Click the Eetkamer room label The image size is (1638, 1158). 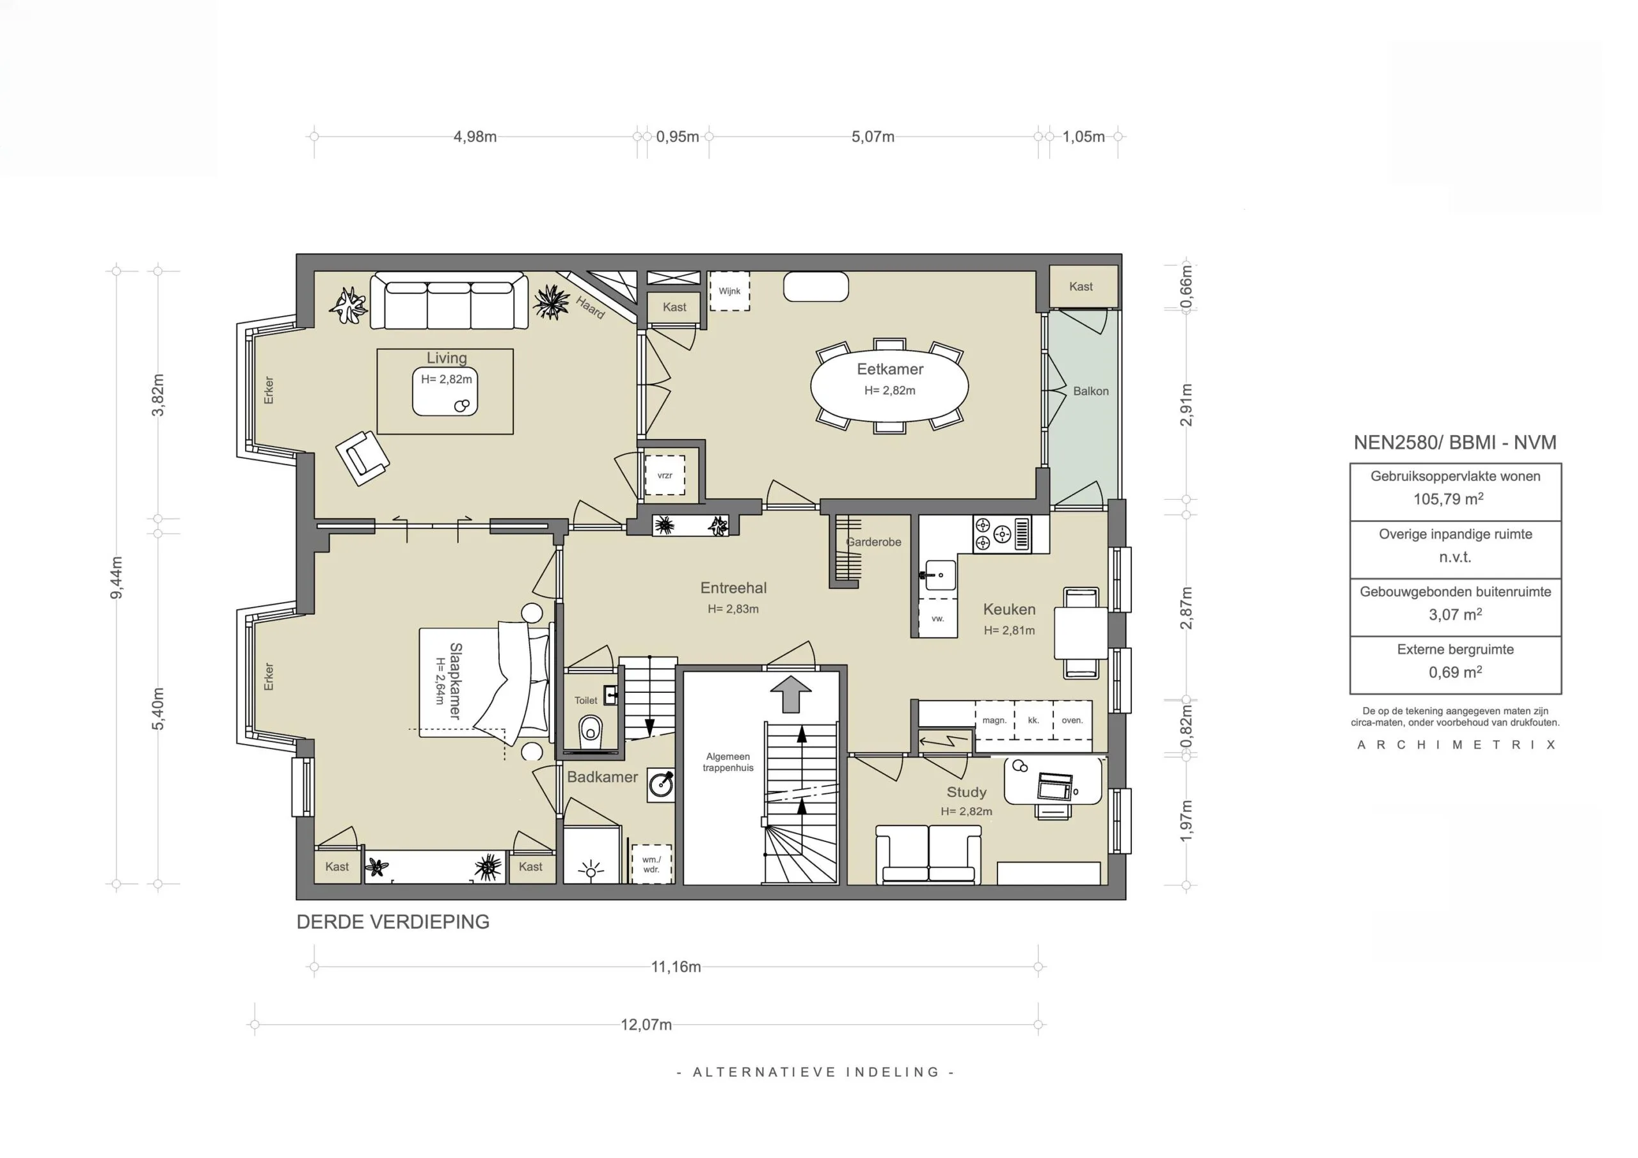[x=889, y=369]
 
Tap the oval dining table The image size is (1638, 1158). [x=889, y=386]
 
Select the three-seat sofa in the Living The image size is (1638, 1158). [x=449, y=301]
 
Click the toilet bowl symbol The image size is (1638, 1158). [x=590, y=729]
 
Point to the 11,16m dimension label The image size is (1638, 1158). [x=676, y=967]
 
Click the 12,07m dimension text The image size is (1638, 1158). [x=646, y=1024]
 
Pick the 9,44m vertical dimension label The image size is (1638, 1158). [x=117, y=578]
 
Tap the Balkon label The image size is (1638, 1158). [x=1091, y=391]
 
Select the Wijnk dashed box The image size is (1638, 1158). [x=730, y=291]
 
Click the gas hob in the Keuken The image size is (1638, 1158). [x=1003, y=534]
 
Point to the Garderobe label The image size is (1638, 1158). [x=873, y=543]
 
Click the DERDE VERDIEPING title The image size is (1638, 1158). [x=393, y=922]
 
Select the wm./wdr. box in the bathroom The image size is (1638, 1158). [x=651, y=864]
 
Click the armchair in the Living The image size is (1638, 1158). [x=362, y=458]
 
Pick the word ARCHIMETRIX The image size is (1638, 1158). [x=1456, y=745]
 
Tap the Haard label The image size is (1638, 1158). [x=591, y=307]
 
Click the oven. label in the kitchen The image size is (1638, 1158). [x=1072, y=720]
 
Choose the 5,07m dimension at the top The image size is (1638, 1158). [x=873, y=136]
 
